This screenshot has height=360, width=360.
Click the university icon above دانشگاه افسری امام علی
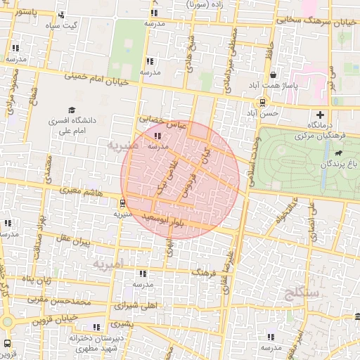[x=71, y=110]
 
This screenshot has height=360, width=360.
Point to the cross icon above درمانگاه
[x=321, y=114]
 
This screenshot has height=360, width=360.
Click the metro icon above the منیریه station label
[x=124, y=203]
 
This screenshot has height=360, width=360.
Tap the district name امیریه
[x=108, y=264]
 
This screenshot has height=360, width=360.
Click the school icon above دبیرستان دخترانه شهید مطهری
[x=96, y=327]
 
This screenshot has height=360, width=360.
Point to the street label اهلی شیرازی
[x=134, y=307]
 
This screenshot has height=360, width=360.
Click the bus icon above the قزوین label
[x=7, y=343]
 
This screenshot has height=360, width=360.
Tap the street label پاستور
[x=27, y=13]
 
